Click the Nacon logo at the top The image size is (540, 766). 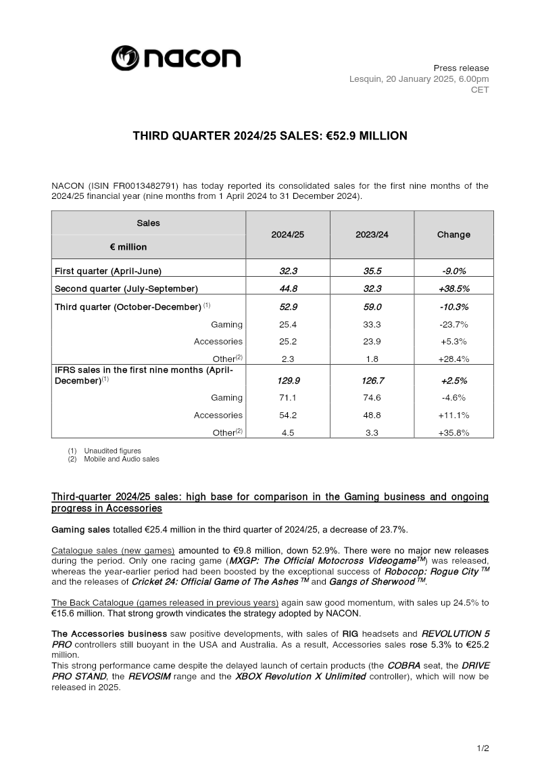tap(176, 58)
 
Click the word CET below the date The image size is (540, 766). tap(480, 90)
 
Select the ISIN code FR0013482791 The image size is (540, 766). tap(143, 186)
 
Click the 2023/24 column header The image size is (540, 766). tap(372, 235)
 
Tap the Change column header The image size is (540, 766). tap(453, 235)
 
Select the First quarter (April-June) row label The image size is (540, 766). tap(108, 271)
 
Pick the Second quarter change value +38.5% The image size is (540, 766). tap(453, 289)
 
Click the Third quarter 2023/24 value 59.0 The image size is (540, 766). tap(372, 307)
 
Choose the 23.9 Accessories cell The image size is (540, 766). tap(372, 342)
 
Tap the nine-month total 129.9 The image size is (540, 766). tap(288, 381)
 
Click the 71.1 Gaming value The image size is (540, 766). tap(288, 398)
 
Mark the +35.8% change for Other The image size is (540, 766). tap(453, 433)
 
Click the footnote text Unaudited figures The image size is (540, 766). tap(112, 451)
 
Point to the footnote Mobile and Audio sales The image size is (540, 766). tap(122, 459)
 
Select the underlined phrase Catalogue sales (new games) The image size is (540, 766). tap(113, 551)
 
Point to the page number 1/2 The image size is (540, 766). tap(483, 748)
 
